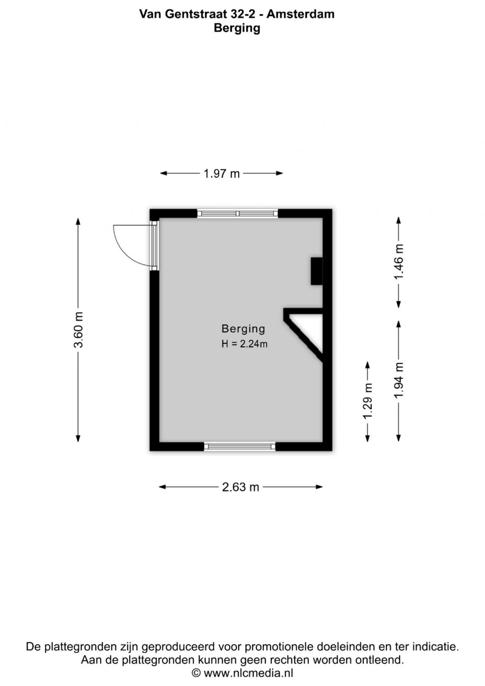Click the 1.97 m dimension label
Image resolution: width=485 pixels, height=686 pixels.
tap(222, 174)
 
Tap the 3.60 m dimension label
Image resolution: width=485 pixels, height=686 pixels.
tap(78, 330)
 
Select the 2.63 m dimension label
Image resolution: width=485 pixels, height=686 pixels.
tap(240, 487)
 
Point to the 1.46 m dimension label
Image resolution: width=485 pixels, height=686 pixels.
tap(399, 262)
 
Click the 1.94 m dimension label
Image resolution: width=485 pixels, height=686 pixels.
tap(399, 380)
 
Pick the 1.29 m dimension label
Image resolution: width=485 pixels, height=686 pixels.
tap(368, 401)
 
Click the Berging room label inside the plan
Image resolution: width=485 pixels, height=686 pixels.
tap(243, 329)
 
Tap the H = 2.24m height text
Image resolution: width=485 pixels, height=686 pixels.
tap(244, 344)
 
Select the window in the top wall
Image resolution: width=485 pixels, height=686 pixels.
tap(237, 214)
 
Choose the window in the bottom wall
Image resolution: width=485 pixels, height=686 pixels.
tap(240, 446)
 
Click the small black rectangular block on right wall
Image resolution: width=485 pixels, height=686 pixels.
tap(316, 271)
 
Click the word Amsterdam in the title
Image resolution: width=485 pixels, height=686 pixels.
tap(300, 14)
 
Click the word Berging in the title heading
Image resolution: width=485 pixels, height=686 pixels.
tap(237, 28)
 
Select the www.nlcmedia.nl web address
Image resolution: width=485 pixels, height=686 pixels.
tap(248, 673)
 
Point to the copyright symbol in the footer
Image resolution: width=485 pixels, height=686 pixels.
tap(196, 673)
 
